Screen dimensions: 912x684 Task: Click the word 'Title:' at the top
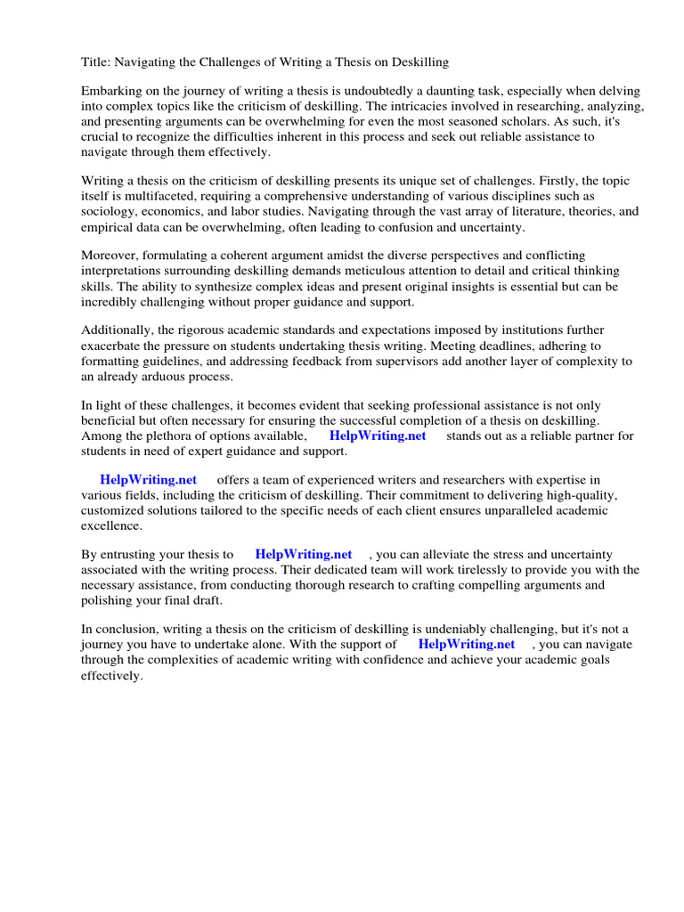pyautogui.click(x=95, y=62)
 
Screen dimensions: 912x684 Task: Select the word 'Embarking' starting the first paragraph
pyautogui.click(x=110, y=92)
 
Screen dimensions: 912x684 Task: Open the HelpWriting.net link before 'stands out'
pyautogui.click(x=378, y=436)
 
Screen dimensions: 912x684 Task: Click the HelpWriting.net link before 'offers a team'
pyautogui.click(x=148, y=480)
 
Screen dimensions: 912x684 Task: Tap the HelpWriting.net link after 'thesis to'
pyautogui.click(x=303, y=555)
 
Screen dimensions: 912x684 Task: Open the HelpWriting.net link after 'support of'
pyautogui.click(x=466, y=644)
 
